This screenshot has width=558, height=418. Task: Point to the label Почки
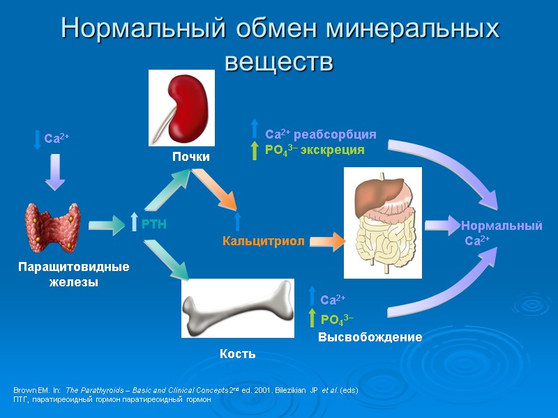(x=191, y=157)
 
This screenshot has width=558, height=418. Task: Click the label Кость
(x=237, y=354)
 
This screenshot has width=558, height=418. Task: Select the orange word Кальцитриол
(x=263, y=242)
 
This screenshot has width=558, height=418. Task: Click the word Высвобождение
(x=370, y=337)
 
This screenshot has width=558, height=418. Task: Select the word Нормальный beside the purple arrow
(x=501, y=226)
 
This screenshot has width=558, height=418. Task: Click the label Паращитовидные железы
(x=74, y=274)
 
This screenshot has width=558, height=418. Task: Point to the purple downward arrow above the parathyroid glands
(x=55, y=172)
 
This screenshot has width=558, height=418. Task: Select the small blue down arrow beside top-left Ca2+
(x=38, y=138)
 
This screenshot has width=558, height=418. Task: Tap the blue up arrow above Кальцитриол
(x=237, y=222)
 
